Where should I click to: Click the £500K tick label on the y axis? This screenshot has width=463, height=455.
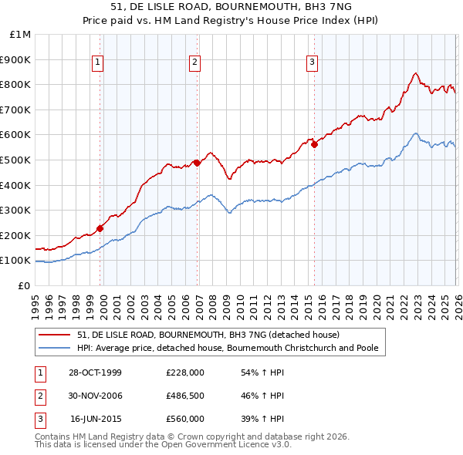point(16,160)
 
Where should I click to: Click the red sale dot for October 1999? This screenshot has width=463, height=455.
point(100,228)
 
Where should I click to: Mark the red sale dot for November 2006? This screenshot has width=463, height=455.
point(197,163)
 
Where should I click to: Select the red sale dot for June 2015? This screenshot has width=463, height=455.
point(314,144)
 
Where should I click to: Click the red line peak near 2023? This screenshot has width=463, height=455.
point(415,73)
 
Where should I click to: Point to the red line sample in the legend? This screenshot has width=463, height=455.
point(55,335)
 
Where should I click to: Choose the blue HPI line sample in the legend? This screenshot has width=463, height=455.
point(55,348)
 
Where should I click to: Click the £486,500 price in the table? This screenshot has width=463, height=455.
point(185,396)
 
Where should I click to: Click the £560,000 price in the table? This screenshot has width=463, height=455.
point(185,419)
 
